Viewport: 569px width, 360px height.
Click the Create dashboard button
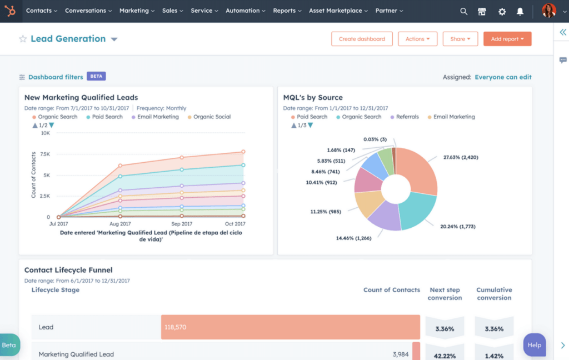[x=362, y=39]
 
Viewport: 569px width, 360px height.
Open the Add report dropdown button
[x=507, y=39]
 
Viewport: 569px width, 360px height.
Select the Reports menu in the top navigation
[x=287, y=11]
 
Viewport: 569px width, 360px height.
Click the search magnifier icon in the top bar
[x=464, y=11]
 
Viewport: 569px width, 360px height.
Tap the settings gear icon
[x=502, y=11]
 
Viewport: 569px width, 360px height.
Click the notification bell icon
[x=520, y=11]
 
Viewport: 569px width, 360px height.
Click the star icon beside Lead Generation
[x=23, y=39]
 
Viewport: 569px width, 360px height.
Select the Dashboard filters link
[x=55, y=77]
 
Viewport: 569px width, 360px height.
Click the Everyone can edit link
[x=503, y=77]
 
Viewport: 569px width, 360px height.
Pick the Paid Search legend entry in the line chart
[x=107, y=117]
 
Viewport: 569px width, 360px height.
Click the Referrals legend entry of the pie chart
[x=407, y=117]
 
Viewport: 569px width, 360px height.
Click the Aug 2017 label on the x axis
[x=119, y=223]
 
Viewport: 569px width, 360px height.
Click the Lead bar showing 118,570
[x=290, y=327]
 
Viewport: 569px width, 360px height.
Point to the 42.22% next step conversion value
[x=445, y=356]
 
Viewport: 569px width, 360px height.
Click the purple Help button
[x=534, y=345]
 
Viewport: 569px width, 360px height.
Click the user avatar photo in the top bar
[x=548, y=11]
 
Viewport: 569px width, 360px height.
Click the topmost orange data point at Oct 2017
[x=243, y=152]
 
